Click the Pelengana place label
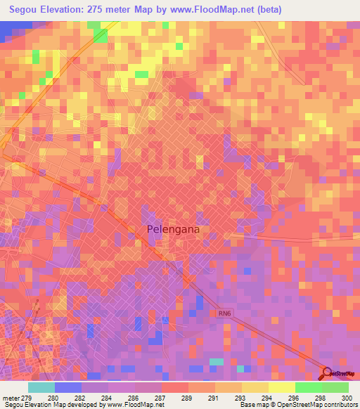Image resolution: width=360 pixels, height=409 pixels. (179, 229)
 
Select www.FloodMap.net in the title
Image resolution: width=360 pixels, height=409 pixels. (222, 8)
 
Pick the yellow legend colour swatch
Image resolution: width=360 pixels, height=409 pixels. (281, 387)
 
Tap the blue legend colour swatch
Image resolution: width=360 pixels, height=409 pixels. (67, 387)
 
